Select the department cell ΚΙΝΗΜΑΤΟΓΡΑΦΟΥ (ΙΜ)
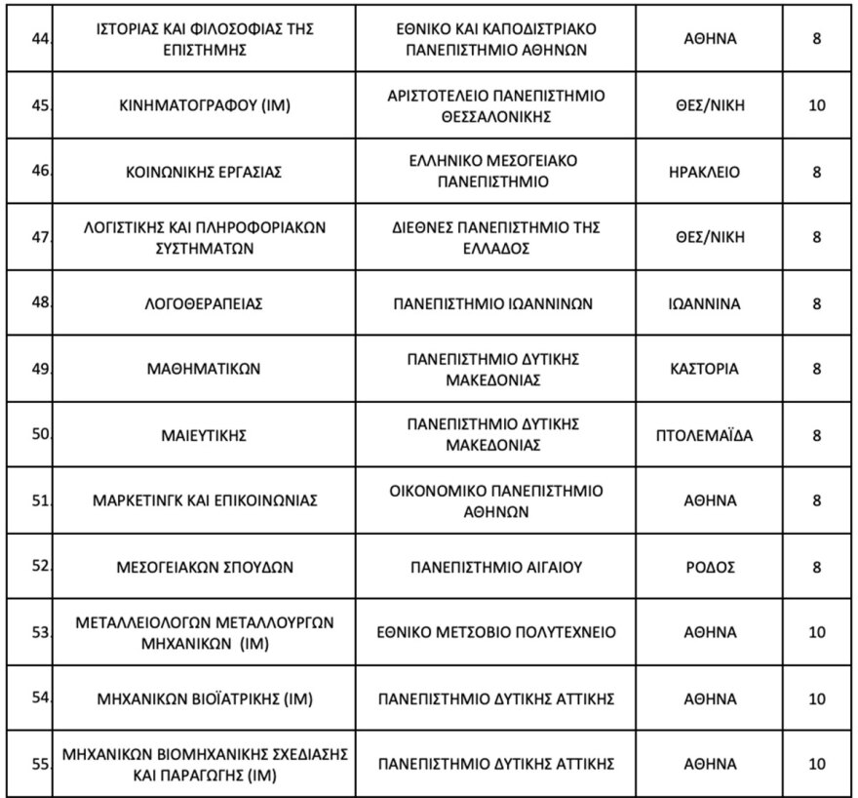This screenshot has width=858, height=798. pos(204,106)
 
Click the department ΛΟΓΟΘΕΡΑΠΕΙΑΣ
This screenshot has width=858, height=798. pos(204,303)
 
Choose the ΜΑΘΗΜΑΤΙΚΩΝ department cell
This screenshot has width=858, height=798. pos(204,369)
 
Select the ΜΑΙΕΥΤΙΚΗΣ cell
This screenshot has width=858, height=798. pos(204,435)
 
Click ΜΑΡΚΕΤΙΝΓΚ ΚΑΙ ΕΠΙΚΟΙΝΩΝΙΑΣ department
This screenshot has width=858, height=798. pos(204,501)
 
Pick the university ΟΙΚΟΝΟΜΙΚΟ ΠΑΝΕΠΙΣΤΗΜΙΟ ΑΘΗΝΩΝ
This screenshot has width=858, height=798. pos(494,500)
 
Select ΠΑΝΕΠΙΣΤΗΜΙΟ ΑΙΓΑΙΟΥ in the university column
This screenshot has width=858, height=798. pos(494,567)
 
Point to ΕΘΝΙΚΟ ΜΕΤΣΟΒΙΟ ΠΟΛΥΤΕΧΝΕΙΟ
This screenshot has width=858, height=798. pos(494,632)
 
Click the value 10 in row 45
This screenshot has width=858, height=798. pos(817,106)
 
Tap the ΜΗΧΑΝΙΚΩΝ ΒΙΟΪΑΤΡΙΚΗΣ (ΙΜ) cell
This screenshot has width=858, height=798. pos(204,698)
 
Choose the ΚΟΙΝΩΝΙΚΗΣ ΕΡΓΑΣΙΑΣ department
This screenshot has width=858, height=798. pos(204,172)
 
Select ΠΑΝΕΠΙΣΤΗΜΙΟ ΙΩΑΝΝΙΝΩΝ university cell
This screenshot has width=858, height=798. pos(494,303)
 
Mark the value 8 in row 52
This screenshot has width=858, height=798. pos(817,567)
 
